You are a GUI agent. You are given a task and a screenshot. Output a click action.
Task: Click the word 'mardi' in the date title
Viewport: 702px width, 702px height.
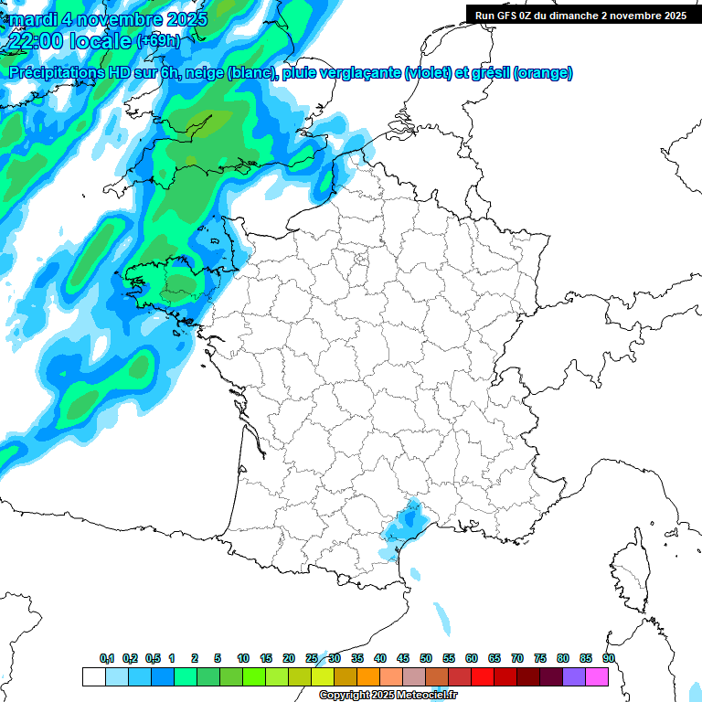coord(29,18)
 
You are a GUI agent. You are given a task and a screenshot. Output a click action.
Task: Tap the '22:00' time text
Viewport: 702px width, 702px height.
coord(36,41)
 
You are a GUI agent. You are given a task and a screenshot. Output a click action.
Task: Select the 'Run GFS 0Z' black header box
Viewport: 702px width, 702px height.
coord(582,16)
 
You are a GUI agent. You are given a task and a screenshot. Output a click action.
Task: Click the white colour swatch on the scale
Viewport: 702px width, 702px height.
coord(93,677)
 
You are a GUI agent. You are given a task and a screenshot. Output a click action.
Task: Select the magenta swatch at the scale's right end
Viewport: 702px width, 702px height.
coord(598,677)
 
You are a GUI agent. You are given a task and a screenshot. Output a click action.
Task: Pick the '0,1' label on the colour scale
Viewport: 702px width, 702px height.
coord(107,659)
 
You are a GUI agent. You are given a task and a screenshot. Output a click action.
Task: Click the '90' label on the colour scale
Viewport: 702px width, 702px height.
coord(609,659)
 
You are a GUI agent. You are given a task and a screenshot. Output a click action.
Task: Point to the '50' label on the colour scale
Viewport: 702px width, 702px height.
coord(426,659)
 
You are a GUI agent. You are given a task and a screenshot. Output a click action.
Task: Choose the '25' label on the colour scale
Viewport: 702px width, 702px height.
coord(312,659)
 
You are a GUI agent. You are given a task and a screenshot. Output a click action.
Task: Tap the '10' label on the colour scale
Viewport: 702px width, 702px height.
coord(243,659)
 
